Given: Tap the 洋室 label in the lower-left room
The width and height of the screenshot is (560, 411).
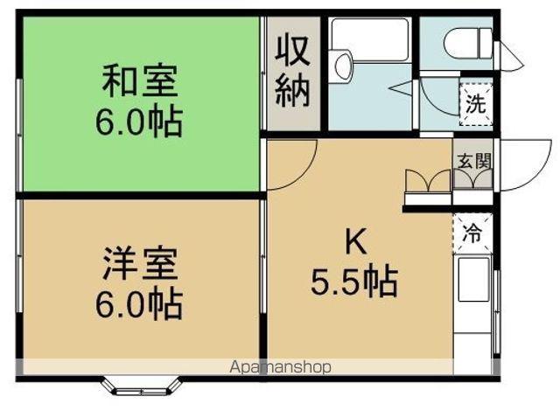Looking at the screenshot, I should point(140,262).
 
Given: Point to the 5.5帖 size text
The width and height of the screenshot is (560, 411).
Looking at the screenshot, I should point(353,282).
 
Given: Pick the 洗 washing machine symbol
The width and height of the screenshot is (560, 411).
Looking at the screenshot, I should point(474,103).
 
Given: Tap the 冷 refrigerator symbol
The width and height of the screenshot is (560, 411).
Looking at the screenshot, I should point(472,233).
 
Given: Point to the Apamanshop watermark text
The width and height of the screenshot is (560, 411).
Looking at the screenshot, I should point(280,367).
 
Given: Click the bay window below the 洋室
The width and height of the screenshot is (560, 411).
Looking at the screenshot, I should point(140,385).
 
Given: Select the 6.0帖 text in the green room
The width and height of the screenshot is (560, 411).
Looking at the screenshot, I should point(140,122).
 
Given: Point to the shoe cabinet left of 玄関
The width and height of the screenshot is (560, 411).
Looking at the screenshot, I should point(425,186).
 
